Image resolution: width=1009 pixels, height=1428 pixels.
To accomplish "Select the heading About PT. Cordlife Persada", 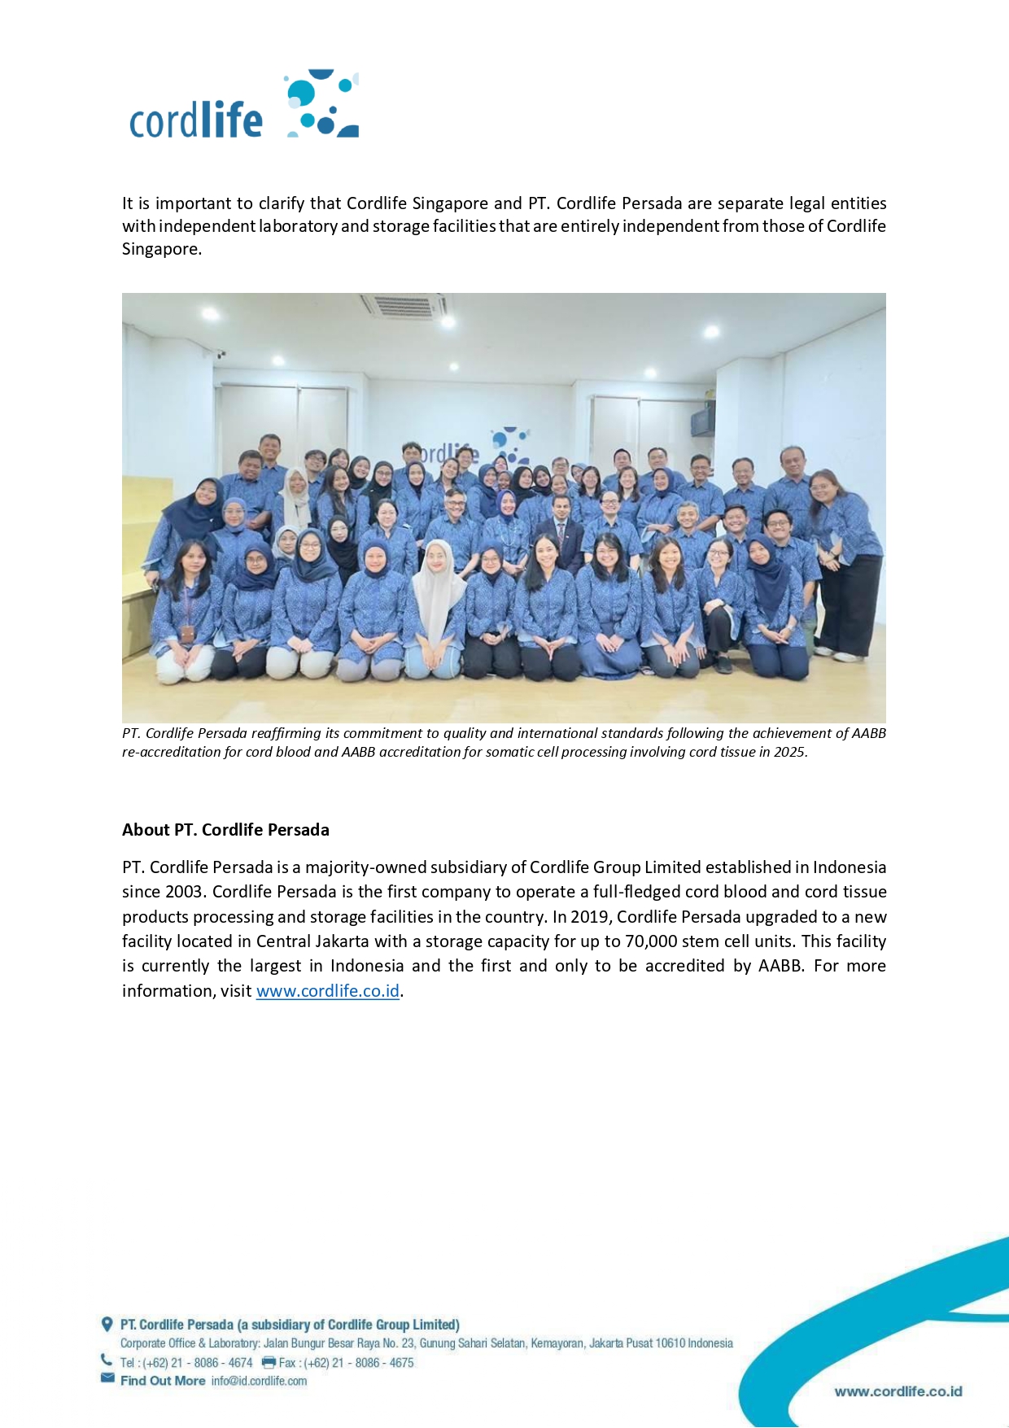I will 225,830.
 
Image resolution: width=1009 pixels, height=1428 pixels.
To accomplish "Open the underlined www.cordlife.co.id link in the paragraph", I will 327,991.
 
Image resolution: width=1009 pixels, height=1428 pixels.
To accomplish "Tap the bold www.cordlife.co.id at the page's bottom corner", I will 898,1391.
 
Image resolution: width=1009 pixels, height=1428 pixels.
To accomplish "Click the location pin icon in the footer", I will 107,1324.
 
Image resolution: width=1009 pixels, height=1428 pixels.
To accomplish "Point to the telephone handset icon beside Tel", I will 107,1360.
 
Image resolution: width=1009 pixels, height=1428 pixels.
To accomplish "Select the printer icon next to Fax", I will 269,1362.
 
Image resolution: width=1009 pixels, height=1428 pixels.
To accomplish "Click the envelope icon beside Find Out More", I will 107,1378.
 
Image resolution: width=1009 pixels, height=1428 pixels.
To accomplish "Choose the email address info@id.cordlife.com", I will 259,1381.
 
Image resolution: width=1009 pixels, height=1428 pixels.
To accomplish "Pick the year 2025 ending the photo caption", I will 788,752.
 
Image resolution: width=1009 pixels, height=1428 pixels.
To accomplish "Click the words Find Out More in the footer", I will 163,1381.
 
